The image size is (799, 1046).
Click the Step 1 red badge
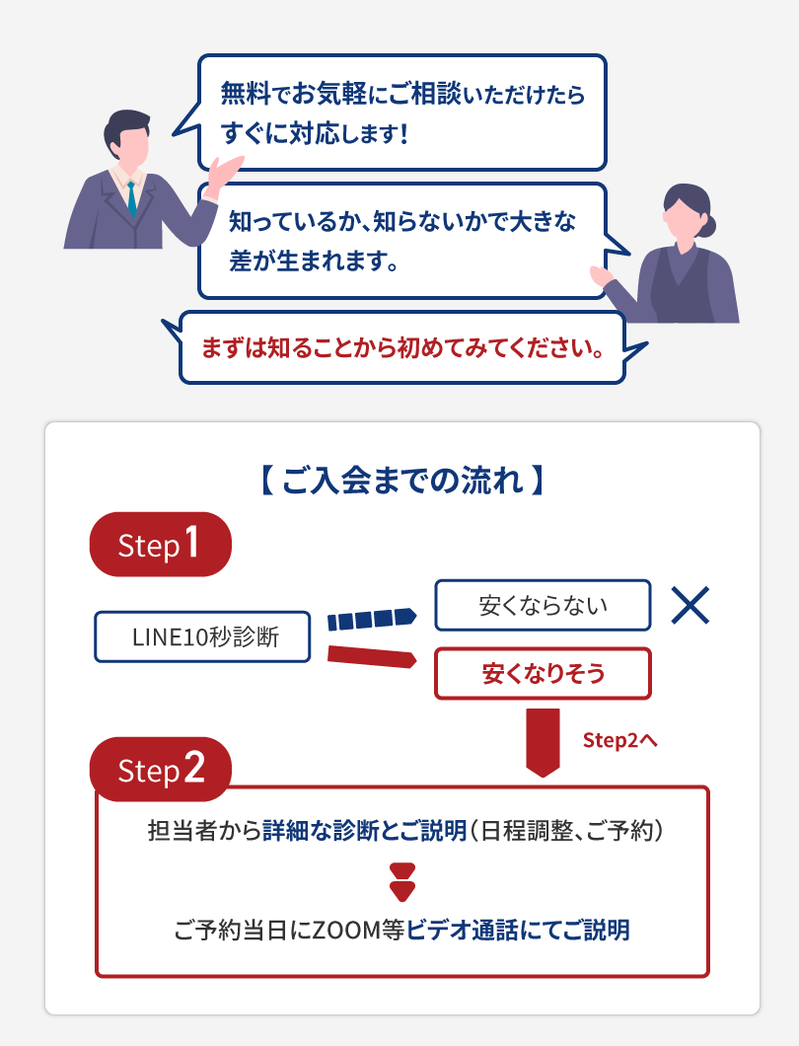coord(160,546)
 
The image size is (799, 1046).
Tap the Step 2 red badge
coord(160,770)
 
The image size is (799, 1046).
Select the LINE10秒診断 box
coord(204,636)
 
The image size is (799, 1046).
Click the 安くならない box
coord(543,605)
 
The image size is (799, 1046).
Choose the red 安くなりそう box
coord(543,673)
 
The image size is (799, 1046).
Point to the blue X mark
coord(690,605)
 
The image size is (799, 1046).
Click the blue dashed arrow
coord(371,619)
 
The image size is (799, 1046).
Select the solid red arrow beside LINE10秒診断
coord(371,655)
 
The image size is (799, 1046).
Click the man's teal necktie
coord(131,198)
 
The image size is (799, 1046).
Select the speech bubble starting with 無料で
coord(402,112)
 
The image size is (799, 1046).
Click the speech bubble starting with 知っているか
coord(400,240)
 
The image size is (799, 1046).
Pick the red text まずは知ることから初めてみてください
coord(401,348)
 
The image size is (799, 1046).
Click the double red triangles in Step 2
coord(401,881)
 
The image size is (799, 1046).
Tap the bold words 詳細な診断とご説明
coord(364,831)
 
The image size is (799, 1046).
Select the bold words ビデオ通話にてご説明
coord(518,929)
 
